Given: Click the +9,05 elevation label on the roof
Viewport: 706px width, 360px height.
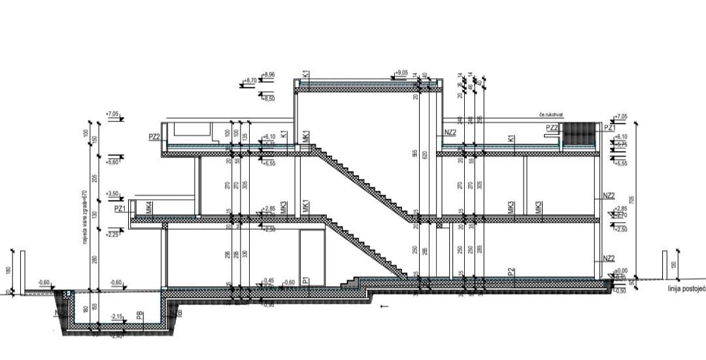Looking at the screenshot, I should [402, 73].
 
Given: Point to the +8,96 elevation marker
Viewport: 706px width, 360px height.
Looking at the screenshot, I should [269, 76].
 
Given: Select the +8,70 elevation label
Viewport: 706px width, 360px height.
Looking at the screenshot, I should [249, 81].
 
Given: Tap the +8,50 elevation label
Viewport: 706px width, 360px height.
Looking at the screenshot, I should [269, 98].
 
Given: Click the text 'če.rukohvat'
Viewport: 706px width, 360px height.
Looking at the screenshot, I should [550, 115].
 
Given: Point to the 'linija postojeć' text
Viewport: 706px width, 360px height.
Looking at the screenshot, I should [686, 287].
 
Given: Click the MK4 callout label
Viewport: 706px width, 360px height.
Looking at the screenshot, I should [149, 208].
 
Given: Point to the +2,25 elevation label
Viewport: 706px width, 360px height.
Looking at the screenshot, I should [112, 233].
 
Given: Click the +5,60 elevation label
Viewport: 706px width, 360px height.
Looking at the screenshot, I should [112, 161].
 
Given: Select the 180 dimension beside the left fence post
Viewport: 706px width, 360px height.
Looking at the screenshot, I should [8, 270].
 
